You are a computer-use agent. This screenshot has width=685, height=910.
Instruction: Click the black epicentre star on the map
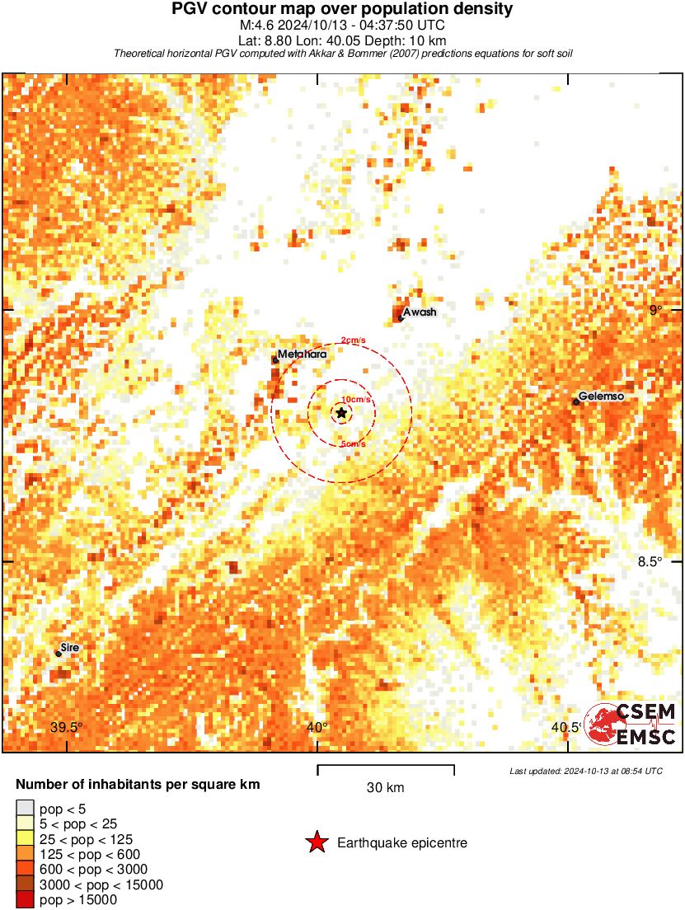[x=341, y=412]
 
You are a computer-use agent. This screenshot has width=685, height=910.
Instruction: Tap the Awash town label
[x=420, y=312]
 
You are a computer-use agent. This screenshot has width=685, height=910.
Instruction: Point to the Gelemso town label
[x=601, y=396]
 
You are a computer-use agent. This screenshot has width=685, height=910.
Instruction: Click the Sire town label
[x=71, y=648]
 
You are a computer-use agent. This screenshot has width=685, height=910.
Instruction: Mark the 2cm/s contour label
[x=354, y=340]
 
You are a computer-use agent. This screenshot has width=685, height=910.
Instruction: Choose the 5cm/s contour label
[x=354, y=445]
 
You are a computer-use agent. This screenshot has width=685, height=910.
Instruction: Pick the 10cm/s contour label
[x=356, y=400]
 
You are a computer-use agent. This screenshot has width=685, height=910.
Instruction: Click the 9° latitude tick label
[x=655, y=311]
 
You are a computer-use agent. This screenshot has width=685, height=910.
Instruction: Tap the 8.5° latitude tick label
[x=650, y=562]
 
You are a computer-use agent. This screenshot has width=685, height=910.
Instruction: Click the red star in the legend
[x=317, y=842]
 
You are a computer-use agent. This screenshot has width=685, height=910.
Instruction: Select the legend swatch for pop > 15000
[x=26, y=900]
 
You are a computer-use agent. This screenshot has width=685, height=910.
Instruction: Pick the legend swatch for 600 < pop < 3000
[x=26, y=870]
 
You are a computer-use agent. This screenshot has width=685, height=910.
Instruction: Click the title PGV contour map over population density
[x=342, y=9]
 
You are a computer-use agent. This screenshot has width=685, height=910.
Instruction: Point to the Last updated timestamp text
[x=586, y=772]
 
